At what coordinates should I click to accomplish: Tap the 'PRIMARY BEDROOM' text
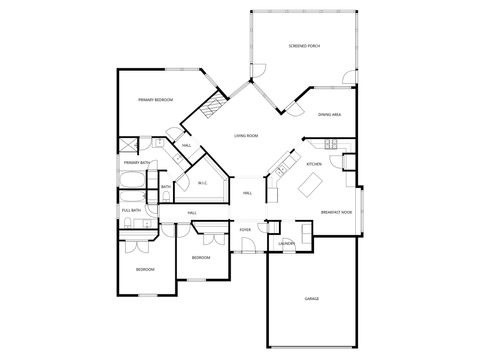tap(156, 100)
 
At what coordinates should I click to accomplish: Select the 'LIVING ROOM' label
tap(246, 134)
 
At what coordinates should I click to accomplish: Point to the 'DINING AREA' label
tap(330, 116)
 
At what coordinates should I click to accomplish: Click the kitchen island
tap(311, 185)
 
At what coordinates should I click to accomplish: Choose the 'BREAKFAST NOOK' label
tap(335, 213)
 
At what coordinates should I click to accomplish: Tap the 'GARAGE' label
tap(311, 298)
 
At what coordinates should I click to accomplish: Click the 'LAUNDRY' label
tap(286, 243)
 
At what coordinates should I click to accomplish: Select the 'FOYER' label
tap(245, 230)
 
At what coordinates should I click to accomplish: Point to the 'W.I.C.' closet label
tap(202, 182)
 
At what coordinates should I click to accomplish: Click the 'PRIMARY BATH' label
tap(137, 162)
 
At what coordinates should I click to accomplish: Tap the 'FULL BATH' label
tap(131, 210)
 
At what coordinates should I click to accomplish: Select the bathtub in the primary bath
tap(134, 181)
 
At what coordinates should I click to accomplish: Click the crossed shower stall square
tap(128, 144)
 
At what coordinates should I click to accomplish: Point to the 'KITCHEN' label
tap(313, 163)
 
